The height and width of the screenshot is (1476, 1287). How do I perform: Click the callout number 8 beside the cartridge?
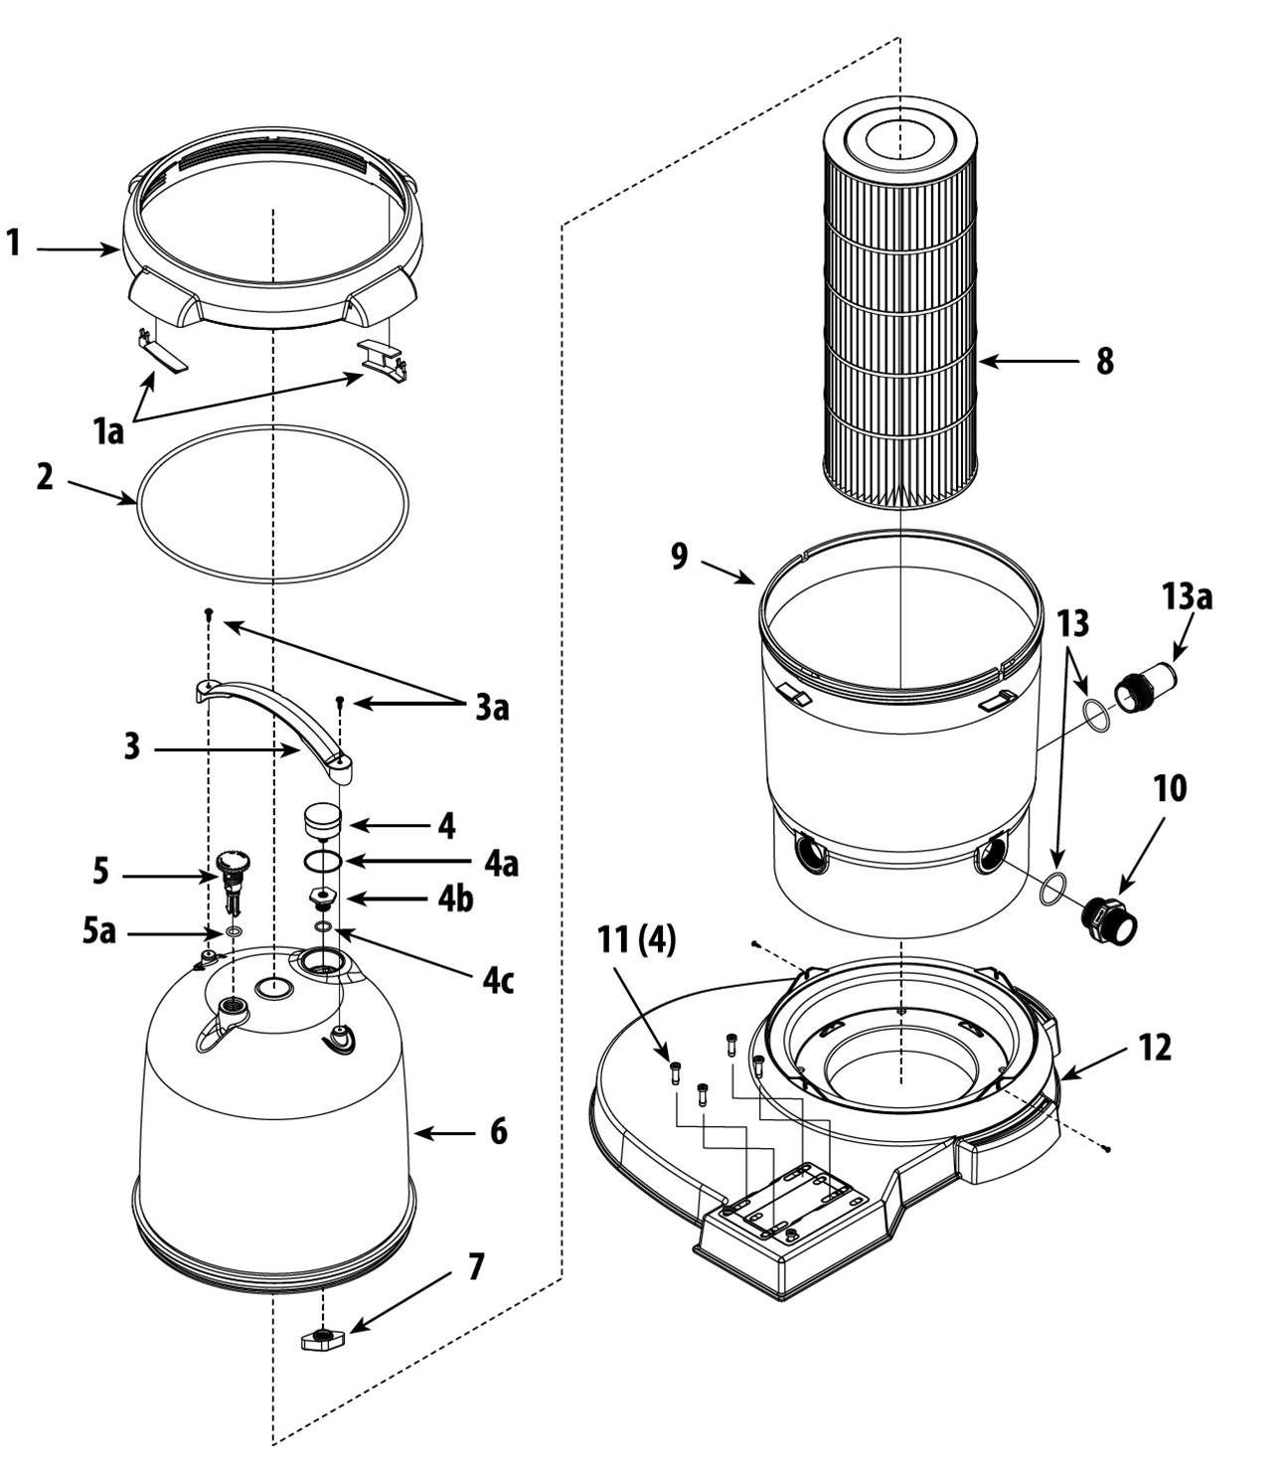click(1104, 361)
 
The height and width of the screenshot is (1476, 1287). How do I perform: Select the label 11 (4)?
click(636, 941)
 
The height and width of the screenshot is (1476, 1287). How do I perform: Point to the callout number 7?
click(476, 1267)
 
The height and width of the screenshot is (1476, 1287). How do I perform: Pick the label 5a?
click(99, 932)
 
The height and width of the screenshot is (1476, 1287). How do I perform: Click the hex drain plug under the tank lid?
click(322, 1339)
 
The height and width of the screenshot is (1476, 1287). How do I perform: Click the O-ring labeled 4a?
click(322, 861)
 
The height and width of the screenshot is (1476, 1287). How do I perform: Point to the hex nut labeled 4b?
click(322, 899)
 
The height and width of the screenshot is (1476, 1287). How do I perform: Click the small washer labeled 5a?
click(233, 932)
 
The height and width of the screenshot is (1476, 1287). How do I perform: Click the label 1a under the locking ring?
click(108, 432)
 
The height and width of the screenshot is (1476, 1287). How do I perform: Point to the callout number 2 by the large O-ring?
click(45, 477)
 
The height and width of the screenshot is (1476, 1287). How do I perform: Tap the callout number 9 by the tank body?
click(680, 556)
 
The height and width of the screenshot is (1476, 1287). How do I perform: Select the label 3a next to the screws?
click(492, 708)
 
